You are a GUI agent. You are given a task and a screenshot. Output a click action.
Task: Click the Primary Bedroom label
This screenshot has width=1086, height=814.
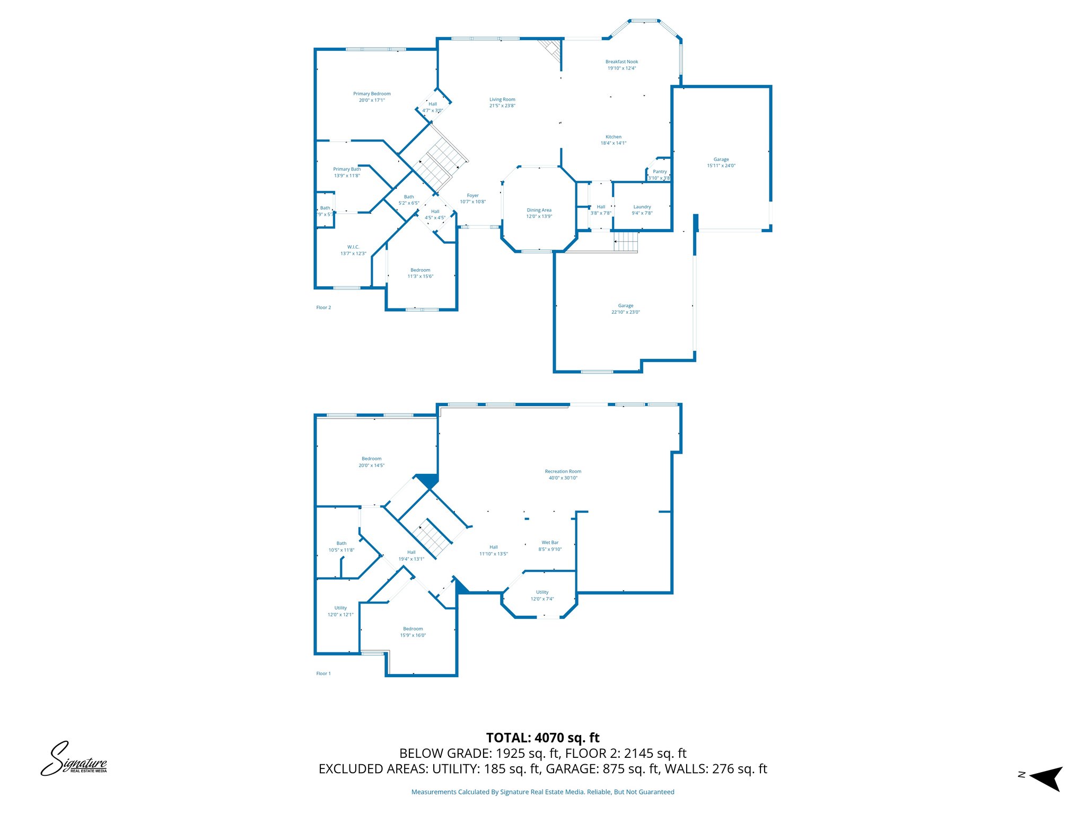click(372, 94)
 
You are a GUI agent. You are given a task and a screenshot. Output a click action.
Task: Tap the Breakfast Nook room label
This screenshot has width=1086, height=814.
click(621, 62)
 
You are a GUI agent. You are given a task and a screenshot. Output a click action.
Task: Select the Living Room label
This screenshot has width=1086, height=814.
click(502, 100)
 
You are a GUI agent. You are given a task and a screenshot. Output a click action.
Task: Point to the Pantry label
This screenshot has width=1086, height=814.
click(660, 172)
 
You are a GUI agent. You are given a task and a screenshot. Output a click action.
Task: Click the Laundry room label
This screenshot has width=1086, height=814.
click(642, 207)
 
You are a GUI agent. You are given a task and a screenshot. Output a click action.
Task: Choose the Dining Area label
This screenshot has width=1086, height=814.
click(539, 210)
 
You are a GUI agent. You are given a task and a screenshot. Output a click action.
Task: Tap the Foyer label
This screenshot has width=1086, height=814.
click(472, 196)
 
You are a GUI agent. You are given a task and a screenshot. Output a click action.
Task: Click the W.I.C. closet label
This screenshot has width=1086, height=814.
click(353, 247)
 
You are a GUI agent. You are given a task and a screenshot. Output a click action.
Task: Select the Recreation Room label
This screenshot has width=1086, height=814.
click(563, 472)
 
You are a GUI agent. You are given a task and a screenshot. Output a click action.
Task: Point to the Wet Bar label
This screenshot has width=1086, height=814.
click(550, 543)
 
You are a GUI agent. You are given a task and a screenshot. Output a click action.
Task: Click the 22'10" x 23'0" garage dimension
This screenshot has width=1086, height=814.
click(625, 312)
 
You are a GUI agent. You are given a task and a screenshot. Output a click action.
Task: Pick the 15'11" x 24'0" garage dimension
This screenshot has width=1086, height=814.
click(721, 166)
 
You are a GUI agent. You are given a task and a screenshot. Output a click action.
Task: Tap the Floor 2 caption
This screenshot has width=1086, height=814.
click(323, 307)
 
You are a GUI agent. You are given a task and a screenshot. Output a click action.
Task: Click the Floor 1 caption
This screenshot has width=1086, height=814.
click(323, 674)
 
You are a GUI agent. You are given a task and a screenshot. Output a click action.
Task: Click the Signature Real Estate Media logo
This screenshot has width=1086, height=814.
click(74, 759)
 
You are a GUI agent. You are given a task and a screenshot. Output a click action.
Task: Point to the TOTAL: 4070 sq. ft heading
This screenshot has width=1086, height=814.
click(542, 738)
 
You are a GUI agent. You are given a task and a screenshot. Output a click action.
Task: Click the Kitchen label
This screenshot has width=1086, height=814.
click(613, 137)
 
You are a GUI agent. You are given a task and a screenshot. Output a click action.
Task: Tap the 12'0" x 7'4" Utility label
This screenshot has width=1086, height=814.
click(542, 596)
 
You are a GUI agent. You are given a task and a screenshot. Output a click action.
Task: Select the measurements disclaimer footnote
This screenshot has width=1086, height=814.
click(542, 792)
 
